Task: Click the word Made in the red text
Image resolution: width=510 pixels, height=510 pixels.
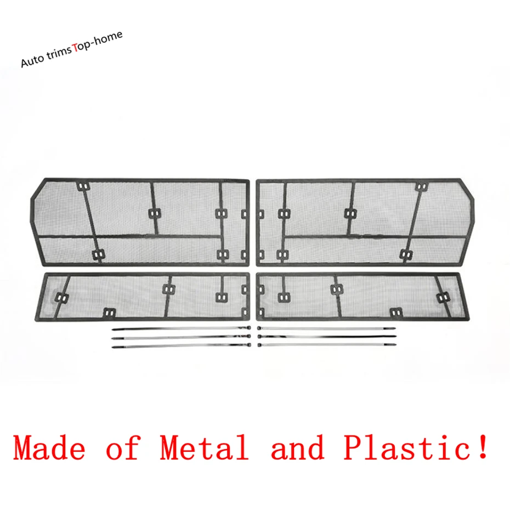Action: click(x=50, y=447)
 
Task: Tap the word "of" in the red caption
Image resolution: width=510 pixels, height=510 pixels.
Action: click(x=123, y=447)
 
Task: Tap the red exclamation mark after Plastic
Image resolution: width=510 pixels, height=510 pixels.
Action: click(x=483, y=446)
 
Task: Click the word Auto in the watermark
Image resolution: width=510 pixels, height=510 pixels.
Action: click(x=32, y=60)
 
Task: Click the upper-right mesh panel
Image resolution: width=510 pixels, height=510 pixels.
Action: click(x=364, y=222)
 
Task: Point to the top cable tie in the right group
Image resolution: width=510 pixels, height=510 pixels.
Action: click(x=326, y=328)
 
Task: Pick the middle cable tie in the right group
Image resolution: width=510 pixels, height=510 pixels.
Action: click(x=326, y=337)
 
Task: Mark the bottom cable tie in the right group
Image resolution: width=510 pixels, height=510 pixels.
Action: click(x=326, y=345)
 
